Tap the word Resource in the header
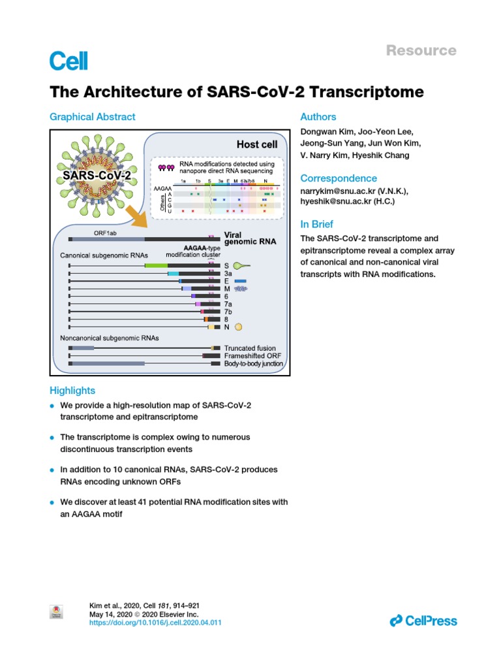tap(421, 50)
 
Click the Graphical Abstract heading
tap(93, 117)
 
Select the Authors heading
tap(318, 117)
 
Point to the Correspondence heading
tap(339, 178)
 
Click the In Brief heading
tap(317, 225)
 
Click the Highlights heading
tap(72, 390)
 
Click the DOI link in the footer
tap(155, 623)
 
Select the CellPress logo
tap(423, 621)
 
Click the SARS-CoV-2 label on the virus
tap(97, 176)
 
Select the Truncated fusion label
tap(250, 348)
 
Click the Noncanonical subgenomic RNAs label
tap(110, 338)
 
